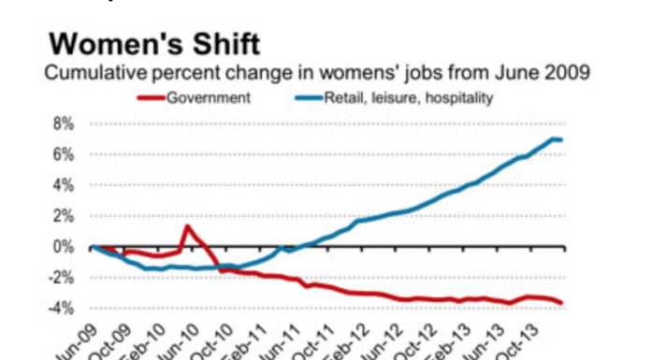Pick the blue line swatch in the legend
pyautogui.click(x=307, y=96)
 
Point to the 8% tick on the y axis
pyautogui.click(x=62, y=123)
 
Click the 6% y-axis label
pyautogui.click(x=62, y=154)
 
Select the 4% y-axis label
pyautogui.click(x=62, y=185)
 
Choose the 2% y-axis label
pyautogui.click(x=62, y=216)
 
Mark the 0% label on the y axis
pyautogui.click(x=62, y=247)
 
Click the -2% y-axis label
pyautogui.click(x=59, y=278)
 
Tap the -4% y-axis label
pyautogui.click(x=59, y=309)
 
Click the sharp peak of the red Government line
pyautogui.click(x=187, y=226)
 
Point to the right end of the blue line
pyautogui.click(x=561, y=140)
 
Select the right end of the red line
pyautogui.click(x=561, y=302)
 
